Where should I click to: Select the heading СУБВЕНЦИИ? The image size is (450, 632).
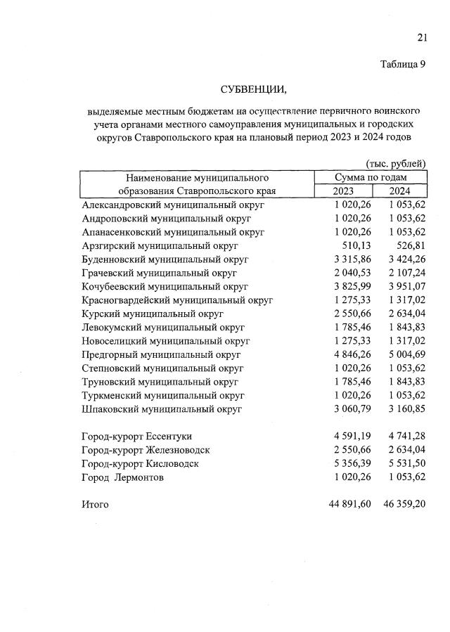tap(253, 89)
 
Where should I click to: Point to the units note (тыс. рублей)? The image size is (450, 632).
tap(396, 164)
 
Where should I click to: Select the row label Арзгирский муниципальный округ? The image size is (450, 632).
tap(160, 245)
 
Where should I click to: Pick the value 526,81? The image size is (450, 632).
tap(409, 245)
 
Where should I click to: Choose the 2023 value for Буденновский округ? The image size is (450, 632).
tap(349, 259)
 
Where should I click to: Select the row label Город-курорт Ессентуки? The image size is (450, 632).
tap(136, 437)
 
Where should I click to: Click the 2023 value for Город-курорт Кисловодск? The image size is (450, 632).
tap(349, 464)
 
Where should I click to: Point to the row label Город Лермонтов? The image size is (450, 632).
tap(123, 477)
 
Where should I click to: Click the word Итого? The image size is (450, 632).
tap(96, 504)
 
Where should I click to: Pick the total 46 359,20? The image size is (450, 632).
tap(401, 504)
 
